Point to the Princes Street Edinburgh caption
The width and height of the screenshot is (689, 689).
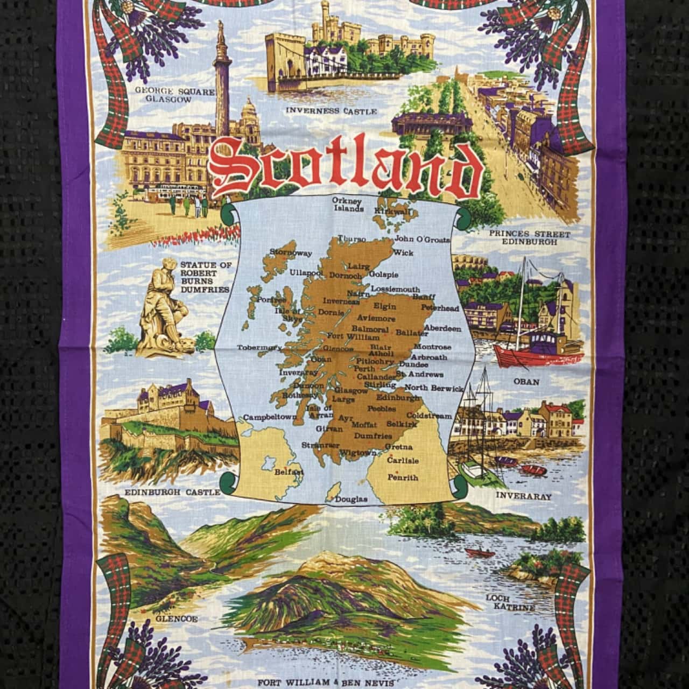click(529, 237)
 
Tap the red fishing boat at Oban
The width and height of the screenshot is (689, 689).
click(538, 350)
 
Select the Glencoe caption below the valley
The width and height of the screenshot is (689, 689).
click(177, 618)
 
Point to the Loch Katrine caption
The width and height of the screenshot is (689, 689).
click(510, 603)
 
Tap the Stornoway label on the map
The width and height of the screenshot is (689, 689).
click(291, 252)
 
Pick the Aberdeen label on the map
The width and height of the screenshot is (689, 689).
click(442, 328)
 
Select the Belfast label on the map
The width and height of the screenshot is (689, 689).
click(290, 472)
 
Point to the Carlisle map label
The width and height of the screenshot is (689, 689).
click(403, 461)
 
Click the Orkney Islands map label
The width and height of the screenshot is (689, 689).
click(348, 205)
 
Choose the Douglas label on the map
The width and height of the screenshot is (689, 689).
click(351, 499)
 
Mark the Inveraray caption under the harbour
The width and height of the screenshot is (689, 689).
click(523, 496)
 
